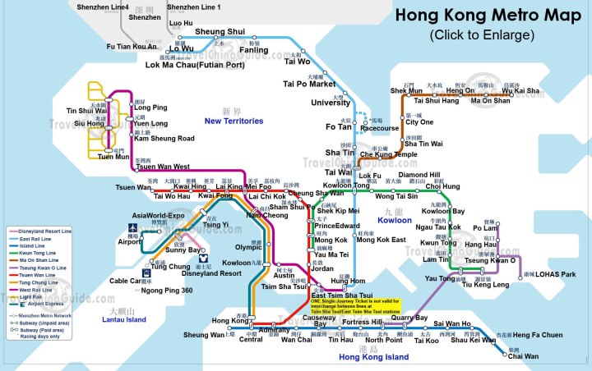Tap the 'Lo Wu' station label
(x=181, y=49)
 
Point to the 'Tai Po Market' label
(x=309, y=84)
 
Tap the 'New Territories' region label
(x=234, y=121)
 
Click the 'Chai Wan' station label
(x=524, y=356)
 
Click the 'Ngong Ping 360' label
(x=164, y=291)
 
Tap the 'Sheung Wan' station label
(x=203, y=335)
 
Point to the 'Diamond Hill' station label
(x=419, y=175)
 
